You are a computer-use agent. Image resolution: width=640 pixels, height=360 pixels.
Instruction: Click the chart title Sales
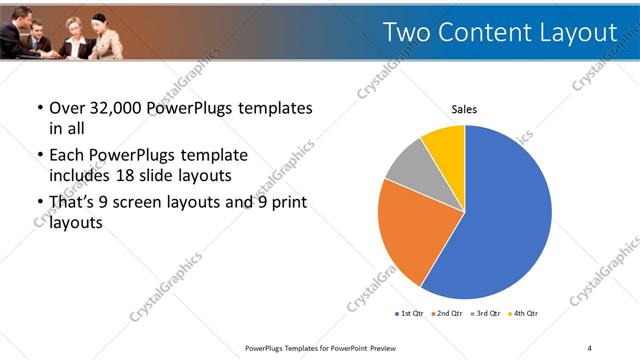pyautogui.click(x=464, y=109)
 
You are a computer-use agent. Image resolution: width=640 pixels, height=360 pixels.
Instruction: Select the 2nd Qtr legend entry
pyautogui.click(x=447, y=314)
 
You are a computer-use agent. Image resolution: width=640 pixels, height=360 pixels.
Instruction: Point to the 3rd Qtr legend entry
pyautogui.click(x=486, y=314)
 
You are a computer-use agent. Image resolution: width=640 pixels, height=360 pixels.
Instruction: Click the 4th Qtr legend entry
pyautogui.click(x=524, y=314)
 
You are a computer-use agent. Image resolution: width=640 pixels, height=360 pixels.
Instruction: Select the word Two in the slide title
pyautogui.click(x=408, y=34)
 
